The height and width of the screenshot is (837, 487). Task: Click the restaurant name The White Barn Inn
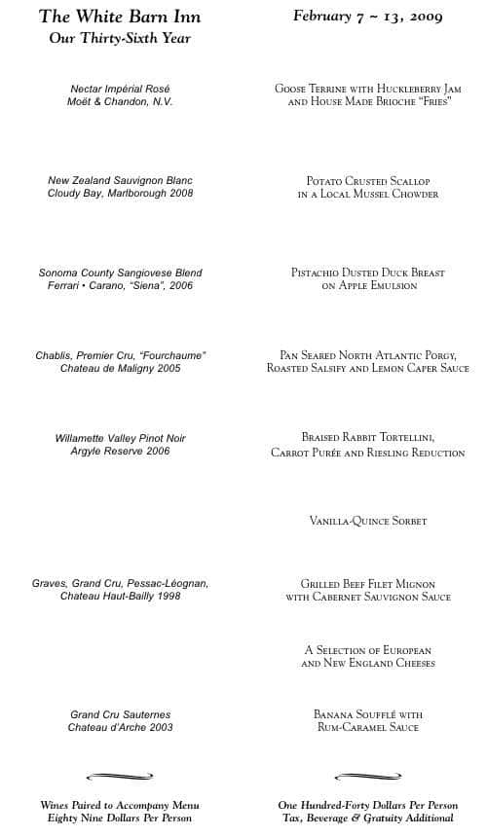point(121,18)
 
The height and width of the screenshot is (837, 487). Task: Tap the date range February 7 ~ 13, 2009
point(368,17)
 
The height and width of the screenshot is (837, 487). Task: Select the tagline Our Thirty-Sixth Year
point(120,39)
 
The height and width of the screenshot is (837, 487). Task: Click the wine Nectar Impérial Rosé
point(121,90)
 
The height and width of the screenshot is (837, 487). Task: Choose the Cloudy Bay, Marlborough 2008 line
point(121,194)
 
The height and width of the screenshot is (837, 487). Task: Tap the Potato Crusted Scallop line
point(368,181)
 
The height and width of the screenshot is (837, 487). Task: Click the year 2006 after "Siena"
point(182,286)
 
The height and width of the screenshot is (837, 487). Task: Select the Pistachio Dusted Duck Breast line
point(368,273)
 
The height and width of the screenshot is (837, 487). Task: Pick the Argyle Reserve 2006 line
point(121,452)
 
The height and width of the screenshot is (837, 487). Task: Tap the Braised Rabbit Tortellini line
point(368,438)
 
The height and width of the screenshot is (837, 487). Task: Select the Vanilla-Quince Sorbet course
point(368,522)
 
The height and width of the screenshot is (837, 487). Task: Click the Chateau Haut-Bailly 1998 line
point(121,596)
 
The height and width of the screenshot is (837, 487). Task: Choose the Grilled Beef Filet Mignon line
point(368,584)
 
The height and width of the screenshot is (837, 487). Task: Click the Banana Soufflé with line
point(368,714)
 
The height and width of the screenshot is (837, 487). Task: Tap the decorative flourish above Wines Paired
point(121,776)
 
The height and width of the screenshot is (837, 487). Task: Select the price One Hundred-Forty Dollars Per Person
point(368,806)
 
